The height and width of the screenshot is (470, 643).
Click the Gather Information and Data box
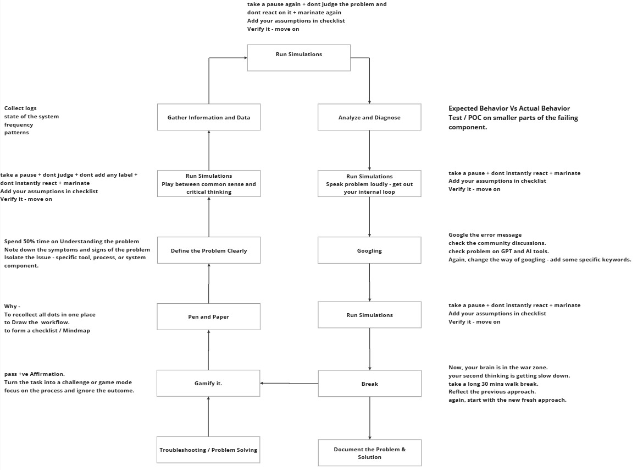[208, 117]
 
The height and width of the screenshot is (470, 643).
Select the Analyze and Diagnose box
[369, 117]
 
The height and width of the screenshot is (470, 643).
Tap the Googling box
[369, 250]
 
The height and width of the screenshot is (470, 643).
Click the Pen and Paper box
[208, 316]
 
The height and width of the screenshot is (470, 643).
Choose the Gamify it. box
[208, 383]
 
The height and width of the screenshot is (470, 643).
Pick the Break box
[369, 384]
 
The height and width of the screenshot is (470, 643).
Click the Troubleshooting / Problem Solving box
[208, 450]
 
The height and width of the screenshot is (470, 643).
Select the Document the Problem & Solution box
[369, 453]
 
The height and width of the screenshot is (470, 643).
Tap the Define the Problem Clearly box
[208, 250]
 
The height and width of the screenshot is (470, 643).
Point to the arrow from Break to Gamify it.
[289, 383]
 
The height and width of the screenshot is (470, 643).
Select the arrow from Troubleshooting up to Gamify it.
[208, 417]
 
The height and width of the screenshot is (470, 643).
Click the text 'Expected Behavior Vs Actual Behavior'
[509, 108]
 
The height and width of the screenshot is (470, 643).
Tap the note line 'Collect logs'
[20, 108]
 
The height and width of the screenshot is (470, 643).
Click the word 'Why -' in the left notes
[12, 306]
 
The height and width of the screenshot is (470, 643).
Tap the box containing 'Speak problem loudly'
[369, 184]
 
